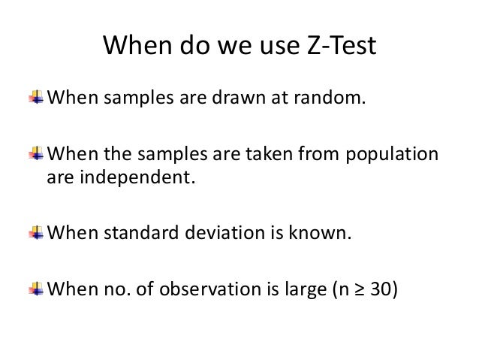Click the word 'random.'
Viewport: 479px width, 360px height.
coord(333,98)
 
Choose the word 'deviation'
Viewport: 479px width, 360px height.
coord(233,231)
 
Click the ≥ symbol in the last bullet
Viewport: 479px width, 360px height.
coord(359,289)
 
